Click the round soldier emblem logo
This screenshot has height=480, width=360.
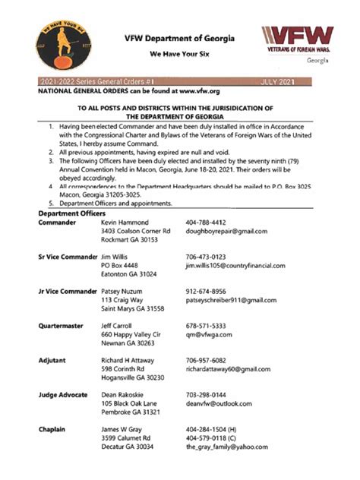point(62,45)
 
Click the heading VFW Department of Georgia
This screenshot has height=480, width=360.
point(179,39)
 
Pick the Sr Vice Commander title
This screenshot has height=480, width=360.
point(67,257)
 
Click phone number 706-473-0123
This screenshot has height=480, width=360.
point(207,257)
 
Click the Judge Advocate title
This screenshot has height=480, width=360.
point(63,395)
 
